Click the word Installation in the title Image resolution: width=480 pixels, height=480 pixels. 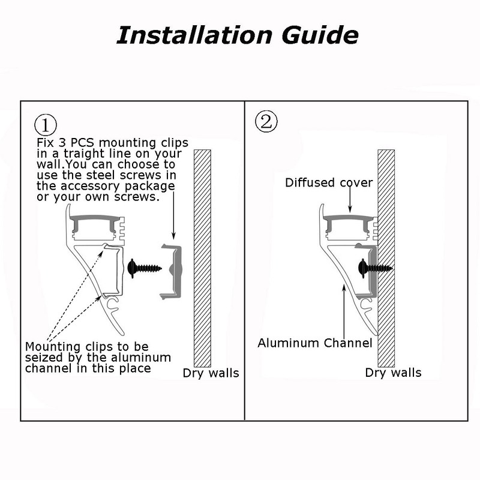click(x=194, y=35)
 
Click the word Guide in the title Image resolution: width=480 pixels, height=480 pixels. click(x=320, y=35)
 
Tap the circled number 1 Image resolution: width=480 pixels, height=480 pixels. click(x=46, y=125)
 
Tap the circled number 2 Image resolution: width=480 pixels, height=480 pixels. click(x=266, y=121)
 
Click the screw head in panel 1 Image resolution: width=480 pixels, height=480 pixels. click(x=132, y=268)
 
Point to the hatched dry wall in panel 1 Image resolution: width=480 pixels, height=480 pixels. click(x=202, y=259)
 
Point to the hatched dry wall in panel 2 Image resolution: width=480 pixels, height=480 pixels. click(x=386, y=259)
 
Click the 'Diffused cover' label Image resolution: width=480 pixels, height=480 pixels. click(x=329, y=183)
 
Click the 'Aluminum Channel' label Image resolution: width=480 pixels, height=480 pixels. click(x=314, y=343)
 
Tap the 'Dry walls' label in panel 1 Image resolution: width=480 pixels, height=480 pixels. click(x=211, y=373)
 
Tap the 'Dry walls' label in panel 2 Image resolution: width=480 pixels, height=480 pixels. click(x=393, y=373)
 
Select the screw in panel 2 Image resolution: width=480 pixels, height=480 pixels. click(x=374, y=268)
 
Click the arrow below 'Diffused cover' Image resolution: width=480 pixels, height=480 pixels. click(x=350, y=199)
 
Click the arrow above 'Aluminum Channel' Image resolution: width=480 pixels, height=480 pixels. click(x=344, y=311)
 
